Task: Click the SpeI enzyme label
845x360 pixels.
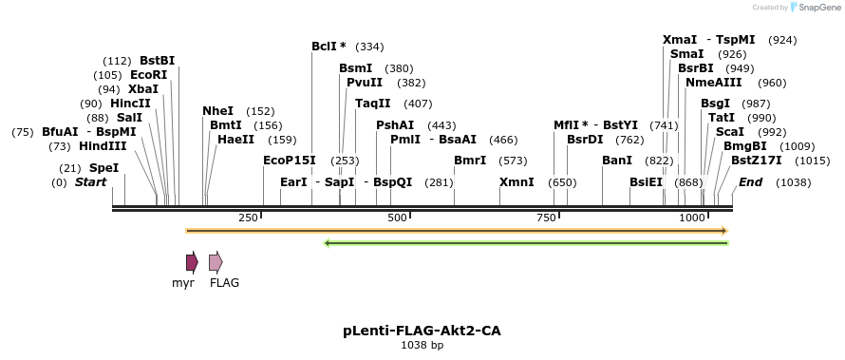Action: coord(103,167)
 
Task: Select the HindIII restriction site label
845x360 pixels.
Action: coord(102,146)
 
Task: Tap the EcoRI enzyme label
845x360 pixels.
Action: coord(148,75)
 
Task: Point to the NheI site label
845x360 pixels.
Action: coord(217,111)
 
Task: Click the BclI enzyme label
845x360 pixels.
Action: coord(329,47)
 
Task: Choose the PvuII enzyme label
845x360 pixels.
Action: coord(365,83)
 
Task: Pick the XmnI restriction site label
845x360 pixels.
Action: coord(516,182)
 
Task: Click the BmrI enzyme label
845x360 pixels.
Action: coord(470,161)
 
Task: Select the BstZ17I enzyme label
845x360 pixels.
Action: coord(756,161)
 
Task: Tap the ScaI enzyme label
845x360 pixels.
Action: coord(730,132)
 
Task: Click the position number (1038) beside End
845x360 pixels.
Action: coord(793,182)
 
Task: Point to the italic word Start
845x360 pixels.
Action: coord(90,182)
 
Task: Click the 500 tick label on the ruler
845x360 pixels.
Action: coord(397,218)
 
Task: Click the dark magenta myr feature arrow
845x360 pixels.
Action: coord(192,262)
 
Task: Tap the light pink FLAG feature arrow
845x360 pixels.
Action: coord(216,262)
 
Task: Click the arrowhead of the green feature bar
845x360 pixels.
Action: coord(328,243)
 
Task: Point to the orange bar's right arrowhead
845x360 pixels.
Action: coord(724,230)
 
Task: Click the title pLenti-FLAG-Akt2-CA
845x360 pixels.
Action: coord(422,331)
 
